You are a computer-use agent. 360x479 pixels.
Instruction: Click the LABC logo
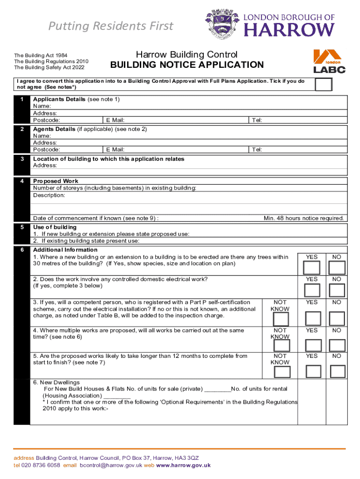click(329, 61)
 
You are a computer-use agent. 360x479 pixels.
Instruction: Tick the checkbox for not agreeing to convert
click(324, 84)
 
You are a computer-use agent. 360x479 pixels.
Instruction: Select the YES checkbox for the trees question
click(312, 268)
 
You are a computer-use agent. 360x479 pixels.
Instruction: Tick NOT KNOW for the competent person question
click(281, 319)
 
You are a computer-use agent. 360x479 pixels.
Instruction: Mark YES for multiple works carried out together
click(312, 345)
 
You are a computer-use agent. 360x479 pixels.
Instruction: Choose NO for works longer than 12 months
click(337, 371)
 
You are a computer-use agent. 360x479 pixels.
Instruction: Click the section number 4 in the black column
click(22, 181)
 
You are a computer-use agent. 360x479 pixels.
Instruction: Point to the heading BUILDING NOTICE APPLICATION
click(187, 65)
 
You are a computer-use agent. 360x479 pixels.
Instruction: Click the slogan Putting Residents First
click(111, 26)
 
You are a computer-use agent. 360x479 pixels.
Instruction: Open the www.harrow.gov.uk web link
click(183, 465)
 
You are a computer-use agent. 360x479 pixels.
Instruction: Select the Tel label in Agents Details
click(257, 150)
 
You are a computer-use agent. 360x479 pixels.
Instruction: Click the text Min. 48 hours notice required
click(304, 218)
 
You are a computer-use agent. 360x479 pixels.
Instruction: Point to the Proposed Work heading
click(56, 181)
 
